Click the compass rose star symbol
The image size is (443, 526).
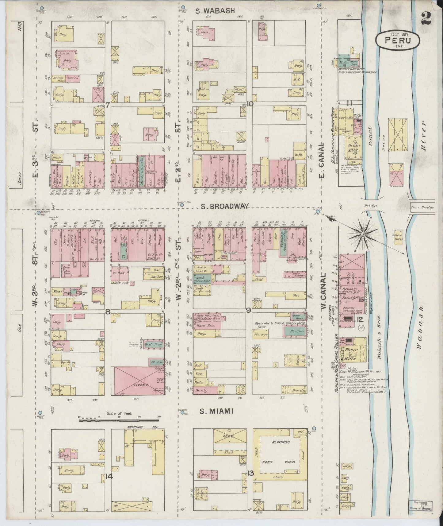[x=363, y=234]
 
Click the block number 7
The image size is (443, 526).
[x=108, y=105]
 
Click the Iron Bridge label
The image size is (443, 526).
[x=422, y=207]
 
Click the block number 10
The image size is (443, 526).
[x=250, y=104]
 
